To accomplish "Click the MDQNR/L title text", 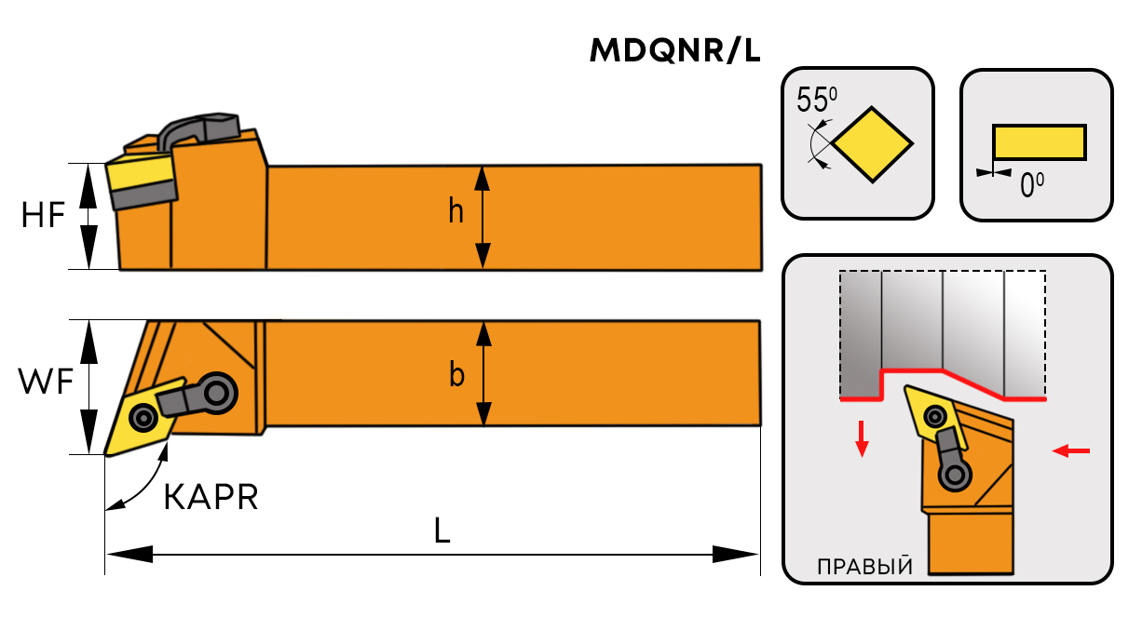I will click(675, 52).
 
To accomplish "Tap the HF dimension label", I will click(43, 216).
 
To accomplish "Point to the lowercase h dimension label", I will click(455, 212).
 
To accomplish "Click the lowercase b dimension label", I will click(456, 375).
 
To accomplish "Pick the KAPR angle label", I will click(211, 498).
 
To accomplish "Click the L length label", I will click(442, 530).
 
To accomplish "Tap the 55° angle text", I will click(817, 100).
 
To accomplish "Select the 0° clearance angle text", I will click(1031, 186).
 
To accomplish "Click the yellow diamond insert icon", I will click(872, 144).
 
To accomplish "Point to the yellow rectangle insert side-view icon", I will click(1039, 141).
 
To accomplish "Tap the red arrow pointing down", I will click(863, 438).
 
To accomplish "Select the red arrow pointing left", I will click(1070, 451).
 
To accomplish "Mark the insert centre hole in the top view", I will click(143, 418).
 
